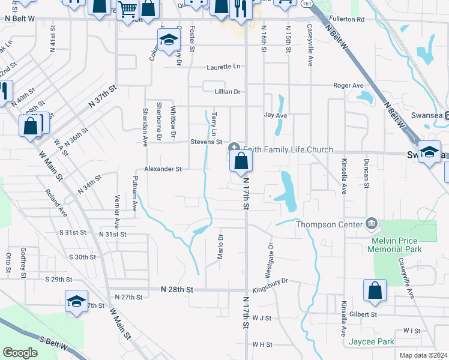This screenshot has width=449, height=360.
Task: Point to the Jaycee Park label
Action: click(371, 343)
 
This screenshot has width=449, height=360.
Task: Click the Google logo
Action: click(20, 353)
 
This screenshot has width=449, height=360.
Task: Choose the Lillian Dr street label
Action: click(228, 92)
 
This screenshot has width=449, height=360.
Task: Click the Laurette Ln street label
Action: click(223, 67)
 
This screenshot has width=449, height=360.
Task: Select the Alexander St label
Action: click(162, 169)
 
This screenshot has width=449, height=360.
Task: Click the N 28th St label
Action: click(177, 289)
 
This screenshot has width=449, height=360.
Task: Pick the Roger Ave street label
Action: click(349, 86)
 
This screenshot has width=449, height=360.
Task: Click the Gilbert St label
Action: click(364, 314)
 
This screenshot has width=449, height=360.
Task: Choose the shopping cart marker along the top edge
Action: click(127, 9)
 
